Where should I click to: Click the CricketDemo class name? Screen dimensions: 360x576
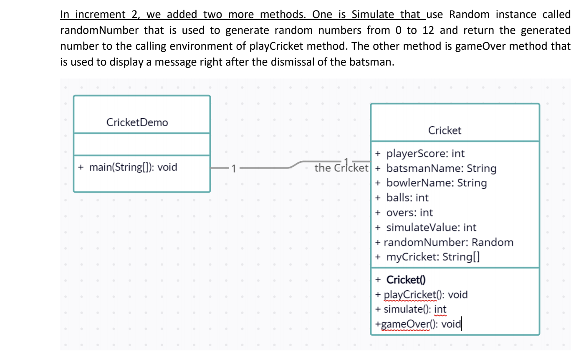click(x=137, y=122)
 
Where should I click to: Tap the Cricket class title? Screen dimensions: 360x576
click(x=445, y=130)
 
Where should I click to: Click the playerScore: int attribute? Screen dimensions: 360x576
click(x=425, y=154)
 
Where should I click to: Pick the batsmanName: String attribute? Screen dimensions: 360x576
click(x=441, y=168)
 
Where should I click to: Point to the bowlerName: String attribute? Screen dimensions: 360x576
click(x=436, y=183)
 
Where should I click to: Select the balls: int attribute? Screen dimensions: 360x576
click(x=407, y=198)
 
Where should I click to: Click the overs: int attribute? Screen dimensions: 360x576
click(x=409, y=213)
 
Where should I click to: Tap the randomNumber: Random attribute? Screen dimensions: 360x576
click(x=448, y=242)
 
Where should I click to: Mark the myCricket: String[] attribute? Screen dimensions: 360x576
click(x=432, y=257)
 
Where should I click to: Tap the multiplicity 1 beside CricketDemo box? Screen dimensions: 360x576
click(x=234, y=169)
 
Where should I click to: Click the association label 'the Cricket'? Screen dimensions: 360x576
click(x=341, y=168)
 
